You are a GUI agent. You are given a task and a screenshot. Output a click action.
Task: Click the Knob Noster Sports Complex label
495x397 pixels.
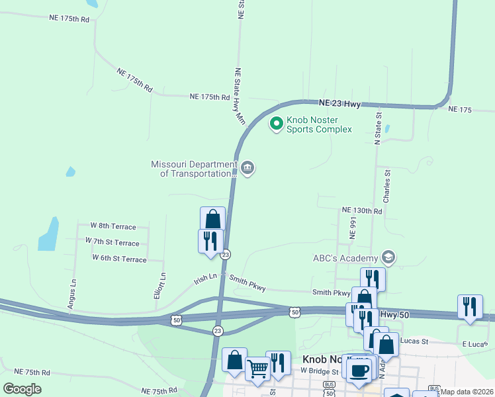tap(318, 124)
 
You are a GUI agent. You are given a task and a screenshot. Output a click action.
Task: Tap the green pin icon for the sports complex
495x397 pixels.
tap(276, 123)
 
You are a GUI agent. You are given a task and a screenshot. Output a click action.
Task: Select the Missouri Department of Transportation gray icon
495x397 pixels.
tap(247, 169)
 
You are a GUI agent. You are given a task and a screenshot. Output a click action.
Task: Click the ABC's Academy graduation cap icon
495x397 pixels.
tap(388, 257)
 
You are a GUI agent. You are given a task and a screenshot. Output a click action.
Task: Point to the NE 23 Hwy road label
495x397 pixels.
tap(339, 103)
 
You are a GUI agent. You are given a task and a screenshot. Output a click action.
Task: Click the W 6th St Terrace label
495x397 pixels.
tap(119, 259)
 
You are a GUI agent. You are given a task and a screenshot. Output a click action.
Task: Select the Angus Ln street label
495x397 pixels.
tap(72, 292)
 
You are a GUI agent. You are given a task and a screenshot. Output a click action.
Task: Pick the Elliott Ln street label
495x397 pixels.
tap(159, 287)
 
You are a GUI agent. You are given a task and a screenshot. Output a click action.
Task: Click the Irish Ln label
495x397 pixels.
tap(205, 280)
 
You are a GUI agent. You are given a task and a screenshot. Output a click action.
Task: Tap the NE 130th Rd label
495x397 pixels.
tap(362, 210)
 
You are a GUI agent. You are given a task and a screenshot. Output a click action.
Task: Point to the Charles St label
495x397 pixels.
tap(387, 186)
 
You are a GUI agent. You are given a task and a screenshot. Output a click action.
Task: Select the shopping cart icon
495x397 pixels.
tap(257, 367)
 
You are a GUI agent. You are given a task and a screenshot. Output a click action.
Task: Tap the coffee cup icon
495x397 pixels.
tap(359, 371)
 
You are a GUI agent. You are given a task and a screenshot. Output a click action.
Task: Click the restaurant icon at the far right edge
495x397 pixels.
tap(470, 306)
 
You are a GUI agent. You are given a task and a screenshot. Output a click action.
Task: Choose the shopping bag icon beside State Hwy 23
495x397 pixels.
tap(212, 218)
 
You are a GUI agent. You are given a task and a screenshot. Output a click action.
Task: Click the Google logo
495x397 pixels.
tap(22, 389)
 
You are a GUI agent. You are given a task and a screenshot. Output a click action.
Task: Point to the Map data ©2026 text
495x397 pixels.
tap(467, 392)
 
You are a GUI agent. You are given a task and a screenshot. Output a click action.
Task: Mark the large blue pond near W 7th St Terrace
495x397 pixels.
tap(48, 235)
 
